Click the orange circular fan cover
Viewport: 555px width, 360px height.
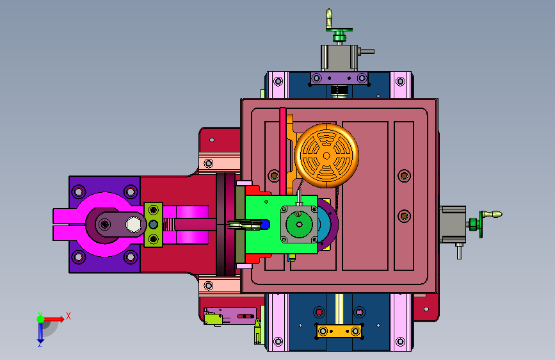[x=326, y=156]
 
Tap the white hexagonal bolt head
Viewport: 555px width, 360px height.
[x=134, y=224]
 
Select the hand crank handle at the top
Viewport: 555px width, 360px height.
[x=329, y=19]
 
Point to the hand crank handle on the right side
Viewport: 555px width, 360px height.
[x=492, y=214]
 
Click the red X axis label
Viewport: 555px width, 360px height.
[x=68, y=316]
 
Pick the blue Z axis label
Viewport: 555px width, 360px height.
[x=40, y=343]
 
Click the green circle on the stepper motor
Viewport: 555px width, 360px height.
[x=299, y=224]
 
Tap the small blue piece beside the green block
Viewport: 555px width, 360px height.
[x=265, y=225]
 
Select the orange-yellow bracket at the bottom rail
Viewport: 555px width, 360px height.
[x=339, y=332]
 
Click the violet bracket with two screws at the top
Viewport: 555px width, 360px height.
[x=339, y=78]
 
